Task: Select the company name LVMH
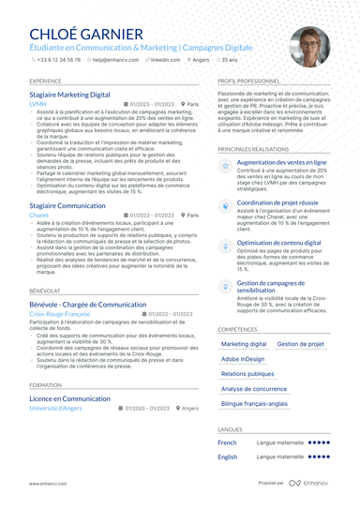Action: click(x=37, y=105)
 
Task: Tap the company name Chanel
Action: click(x=39, y=215)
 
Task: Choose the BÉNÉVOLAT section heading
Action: click(x=45, y=292)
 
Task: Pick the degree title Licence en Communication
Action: click(x=69, y=399)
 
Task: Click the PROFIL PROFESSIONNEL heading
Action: click(x=254, y=82)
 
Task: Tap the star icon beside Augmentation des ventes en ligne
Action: click(x=226, y=165)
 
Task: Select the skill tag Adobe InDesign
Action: click(x=242, y=359)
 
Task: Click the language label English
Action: click(x=228, y=457)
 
